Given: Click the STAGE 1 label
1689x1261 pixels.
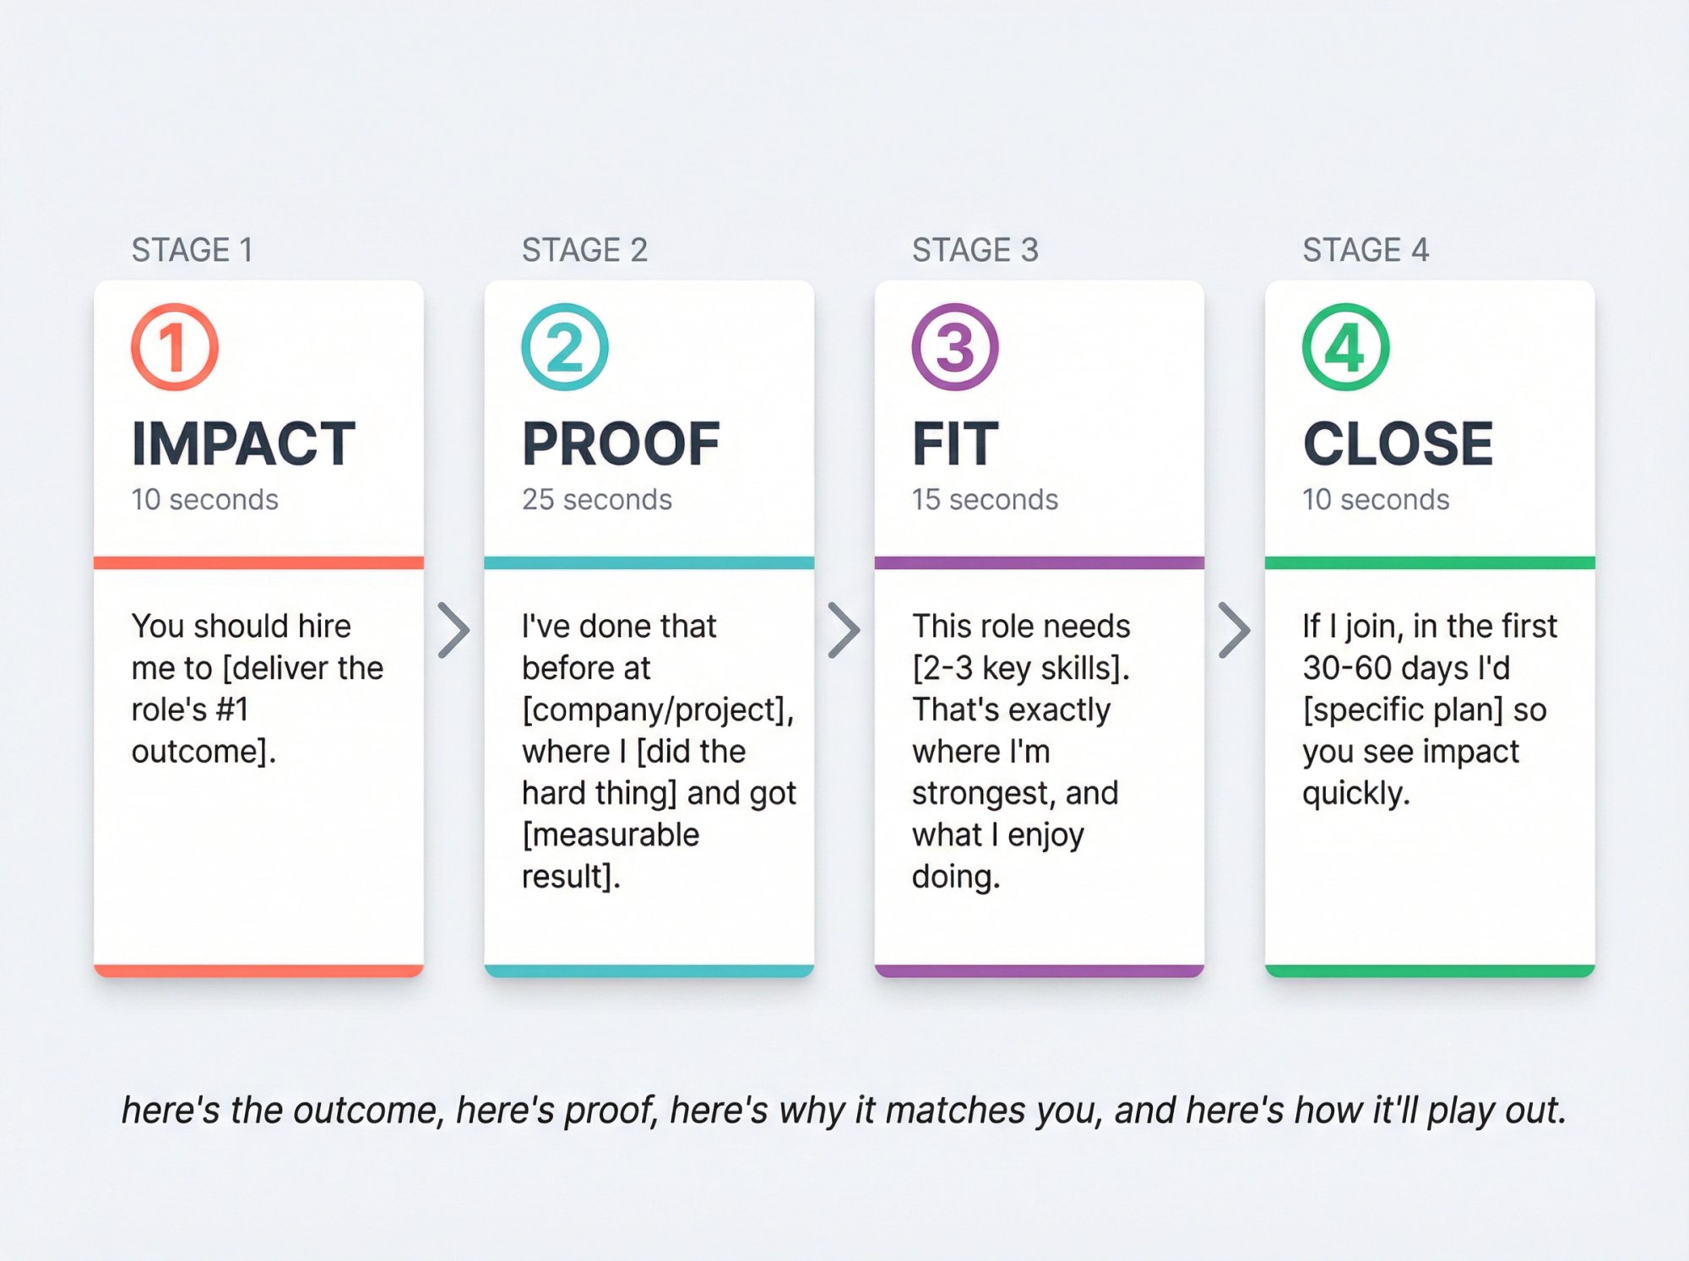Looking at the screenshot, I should [x=192, y=250].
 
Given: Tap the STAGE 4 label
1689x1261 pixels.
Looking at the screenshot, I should [x=1365, y=250].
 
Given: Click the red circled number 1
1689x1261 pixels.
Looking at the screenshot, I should [x=175, y=347].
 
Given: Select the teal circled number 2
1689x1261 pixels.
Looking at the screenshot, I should [x=565, y=347].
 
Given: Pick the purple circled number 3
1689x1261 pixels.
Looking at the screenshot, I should [x=955, y=347].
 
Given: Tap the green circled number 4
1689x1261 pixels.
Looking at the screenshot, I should [x=1345, y=347].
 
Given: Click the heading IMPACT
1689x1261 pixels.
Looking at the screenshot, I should [x=243, y=443].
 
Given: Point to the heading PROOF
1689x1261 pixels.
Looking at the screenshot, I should [x=621, y=443].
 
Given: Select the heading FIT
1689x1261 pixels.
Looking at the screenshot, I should [x=955, y=443].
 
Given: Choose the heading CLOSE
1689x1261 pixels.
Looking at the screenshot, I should [x=1398, y=443].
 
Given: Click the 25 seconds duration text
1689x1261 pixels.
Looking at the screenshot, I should [x=596, y=500].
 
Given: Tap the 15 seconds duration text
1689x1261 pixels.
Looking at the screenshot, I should [x=985, y=500].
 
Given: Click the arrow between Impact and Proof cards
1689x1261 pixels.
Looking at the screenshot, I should [x=453, y=630].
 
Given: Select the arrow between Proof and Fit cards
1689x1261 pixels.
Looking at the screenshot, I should [x=844, y=630].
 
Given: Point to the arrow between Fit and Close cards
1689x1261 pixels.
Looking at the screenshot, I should [x=1234, y=630].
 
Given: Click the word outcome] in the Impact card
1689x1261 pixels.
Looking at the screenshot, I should [x=204, y=752].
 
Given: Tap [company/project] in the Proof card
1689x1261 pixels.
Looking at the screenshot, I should [x=657, y=710].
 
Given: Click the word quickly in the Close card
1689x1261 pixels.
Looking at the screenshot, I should [x=1355, y=793].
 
